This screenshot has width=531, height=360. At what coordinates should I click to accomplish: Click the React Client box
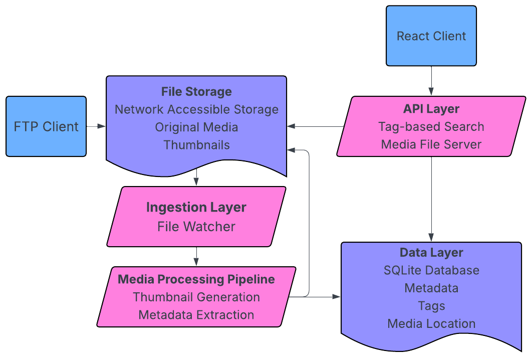coord(431,36)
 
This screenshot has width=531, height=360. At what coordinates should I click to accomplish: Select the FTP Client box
coord(46,126)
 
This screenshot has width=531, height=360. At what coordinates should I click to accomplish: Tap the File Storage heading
coord(196,92)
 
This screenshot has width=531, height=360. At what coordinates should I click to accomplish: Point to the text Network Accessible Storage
coord(196,109)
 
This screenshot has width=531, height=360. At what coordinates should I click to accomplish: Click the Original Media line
coord(196,127)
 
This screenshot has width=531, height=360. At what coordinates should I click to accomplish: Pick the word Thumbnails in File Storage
coord(196,145)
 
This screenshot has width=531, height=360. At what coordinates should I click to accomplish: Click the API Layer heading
coord(431,109)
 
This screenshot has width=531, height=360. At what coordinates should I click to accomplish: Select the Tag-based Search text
coord(431,126)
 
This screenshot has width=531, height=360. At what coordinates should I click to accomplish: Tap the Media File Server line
coord(431,144)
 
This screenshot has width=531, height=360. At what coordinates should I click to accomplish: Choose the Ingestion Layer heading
coord(196,207)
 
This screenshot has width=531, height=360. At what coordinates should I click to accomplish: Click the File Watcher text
coord(196,227)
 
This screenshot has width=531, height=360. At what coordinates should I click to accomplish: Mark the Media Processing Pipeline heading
coord(196,279)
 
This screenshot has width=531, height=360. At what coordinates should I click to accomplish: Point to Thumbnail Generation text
coord(196,297)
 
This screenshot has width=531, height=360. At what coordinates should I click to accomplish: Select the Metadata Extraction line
coord(196,315)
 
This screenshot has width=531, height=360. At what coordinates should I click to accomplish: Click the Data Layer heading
coord(431,253)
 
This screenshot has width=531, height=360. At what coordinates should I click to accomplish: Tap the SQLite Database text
coord(431,270)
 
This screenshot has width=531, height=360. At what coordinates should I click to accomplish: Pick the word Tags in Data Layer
coord(431,306)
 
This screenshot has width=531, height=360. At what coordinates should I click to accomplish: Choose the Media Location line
coord(431,323)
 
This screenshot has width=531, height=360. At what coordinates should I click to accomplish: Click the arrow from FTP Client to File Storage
coord(96,126)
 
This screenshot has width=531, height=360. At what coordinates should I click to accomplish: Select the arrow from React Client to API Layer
coord(431,80)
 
